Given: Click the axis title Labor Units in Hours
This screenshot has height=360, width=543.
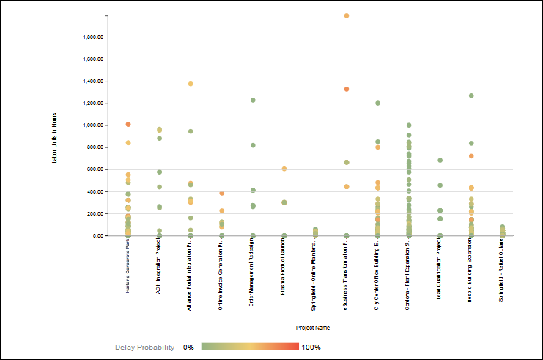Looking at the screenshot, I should tap(54, 137).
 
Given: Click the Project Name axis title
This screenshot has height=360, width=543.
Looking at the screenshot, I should tap(311, 328).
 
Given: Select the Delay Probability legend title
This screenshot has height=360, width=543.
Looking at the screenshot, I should tap(144, 347).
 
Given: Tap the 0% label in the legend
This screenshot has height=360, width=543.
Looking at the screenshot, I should tap(188, 347).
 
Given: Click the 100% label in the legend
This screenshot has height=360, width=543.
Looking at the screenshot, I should tap(311, 347).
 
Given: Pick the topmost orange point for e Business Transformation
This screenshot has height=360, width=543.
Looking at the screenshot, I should tap(347, 15).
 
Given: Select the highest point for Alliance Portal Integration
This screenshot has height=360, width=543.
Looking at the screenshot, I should tap(191, 84).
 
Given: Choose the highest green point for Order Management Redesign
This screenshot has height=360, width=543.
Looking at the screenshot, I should tap(253, 100).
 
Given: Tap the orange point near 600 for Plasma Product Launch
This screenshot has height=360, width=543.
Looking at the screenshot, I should tap(284, 169).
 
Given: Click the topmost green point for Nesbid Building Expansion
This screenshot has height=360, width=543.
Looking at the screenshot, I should tap(471, 95).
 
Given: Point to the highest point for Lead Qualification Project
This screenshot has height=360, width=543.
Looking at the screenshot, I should tap(440, 160).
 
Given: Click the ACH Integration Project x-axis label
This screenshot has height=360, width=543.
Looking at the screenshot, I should tap(159, 267).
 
